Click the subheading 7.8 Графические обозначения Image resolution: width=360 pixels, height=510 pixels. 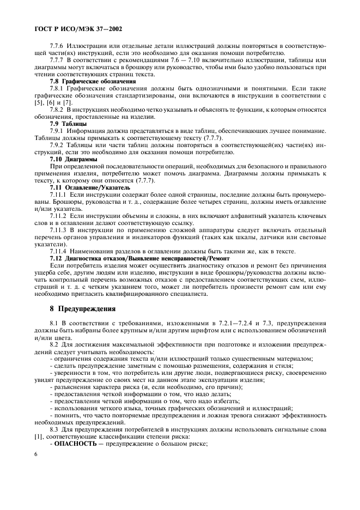pos(93,81)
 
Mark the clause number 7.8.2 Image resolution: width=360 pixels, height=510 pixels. pos(57,110)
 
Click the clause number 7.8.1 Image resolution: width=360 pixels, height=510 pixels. pos(57,88)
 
